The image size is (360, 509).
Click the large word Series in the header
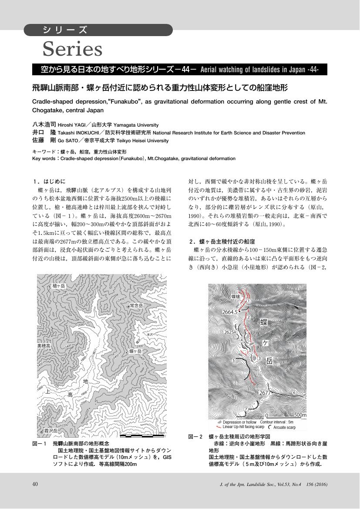[x=72, y=49]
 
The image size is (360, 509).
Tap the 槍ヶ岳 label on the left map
[x=58, y=286]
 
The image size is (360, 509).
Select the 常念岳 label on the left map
[x=136, y=306]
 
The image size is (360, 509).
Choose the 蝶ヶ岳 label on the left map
[x=135, y=351]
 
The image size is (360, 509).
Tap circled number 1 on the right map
[x=249, y=301]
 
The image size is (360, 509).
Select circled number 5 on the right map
[x=234, y=360]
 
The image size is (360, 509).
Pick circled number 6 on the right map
[x=295, y=393]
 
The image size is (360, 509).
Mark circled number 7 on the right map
[x=246, y=409]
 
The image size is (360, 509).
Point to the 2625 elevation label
[x=229, y=332]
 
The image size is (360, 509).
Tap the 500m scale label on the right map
[x=300, y=415]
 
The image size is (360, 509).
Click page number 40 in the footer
[x=35, y=484]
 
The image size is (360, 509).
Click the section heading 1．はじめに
[x=49, y=181]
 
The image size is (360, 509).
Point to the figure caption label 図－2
[x=195, y=436]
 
